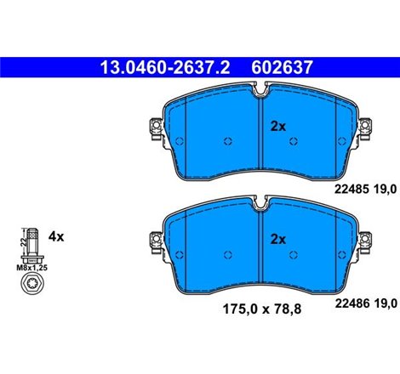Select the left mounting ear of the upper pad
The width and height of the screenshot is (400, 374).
(156, 129)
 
